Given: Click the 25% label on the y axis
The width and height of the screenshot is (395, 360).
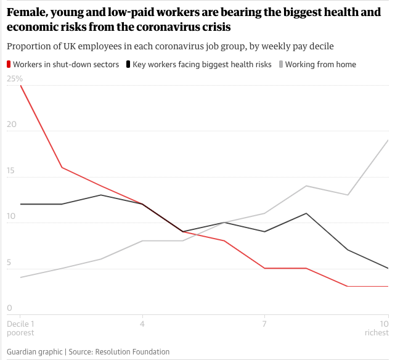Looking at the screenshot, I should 14,79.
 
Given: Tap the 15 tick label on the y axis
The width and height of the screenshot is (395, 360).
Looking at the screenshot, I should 11,170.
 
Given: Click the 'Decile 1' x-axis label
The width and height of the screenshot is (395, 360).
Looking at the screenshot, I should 20,324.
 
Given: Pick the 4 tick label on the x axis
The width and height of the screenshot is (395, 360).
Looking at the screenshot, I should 142,324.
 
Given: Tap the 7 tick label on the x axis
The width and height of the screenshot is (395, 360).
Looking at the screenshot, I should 264,324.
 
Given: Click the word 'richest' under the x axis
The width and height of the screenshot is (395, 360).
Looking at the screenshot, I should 376,333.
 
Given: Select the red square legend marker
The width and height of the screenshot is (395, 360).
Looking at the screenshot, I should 9,64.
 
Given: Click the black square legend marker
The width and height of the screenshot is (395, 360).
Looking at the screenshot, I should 128,64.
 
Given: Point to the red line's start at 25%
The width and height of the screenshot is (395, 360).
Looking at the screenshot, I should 21,86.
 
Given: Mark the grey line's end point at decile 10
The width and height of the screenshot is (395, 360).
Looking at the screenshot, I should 388,141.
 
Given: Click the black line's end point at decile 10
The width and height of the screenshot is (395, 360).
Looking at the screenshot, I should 388,268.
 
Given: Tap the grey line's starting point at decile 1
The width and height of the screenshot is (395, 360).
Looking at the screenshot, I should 21,277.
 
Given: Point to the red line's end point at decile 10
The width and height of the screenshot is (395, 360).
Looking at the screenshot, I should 388,287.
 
